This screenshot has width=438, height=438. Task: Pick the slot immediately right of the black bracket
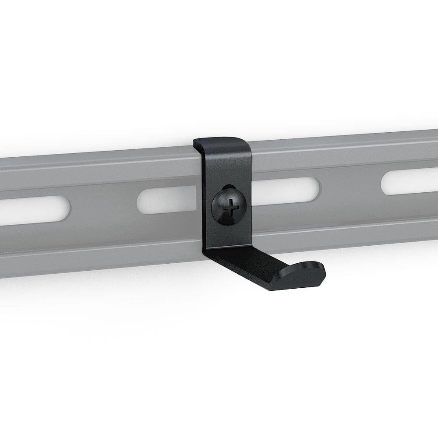coord(285,190)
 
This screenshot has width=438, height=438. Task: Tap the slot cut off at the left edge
coord(33,210)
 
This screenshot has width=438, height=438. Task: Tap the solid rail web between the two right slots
coord(350,186)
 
